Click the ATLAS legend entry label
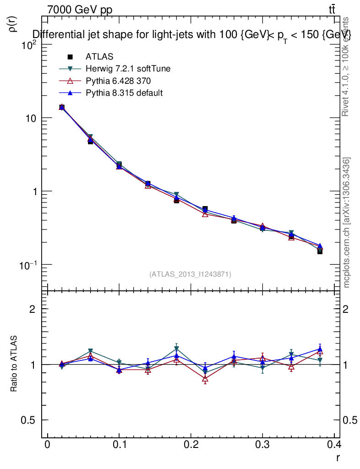tap(99, 57)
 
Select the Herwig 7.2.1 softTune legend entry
tap(128, 69)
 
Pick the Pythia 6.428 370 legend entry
tap(118, 81)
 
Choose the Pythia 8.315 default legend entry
tap(124, 93)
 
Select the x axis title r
tap(338, 457)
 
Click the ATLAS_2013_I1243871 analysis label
tap(190, 274)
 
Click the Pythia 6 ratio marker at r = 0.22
tap(205, 379)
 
